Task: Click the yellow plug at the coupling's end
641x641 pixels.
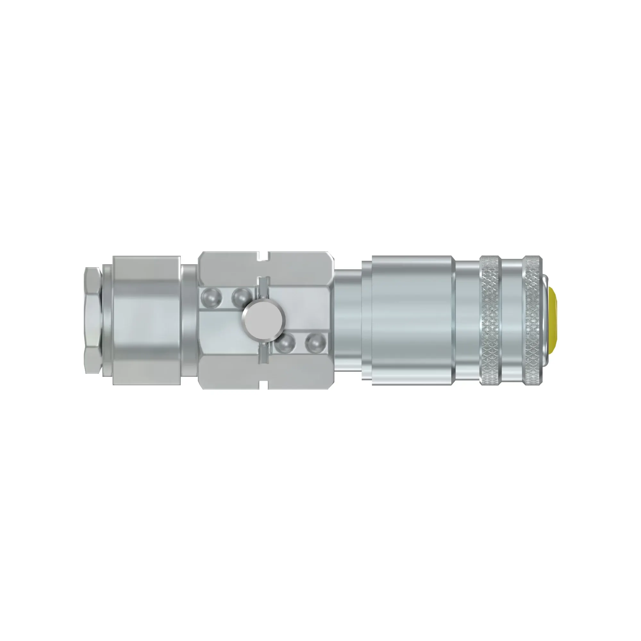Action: (551, 320)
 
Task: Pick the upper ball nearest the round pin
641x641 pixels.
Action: (241, 297)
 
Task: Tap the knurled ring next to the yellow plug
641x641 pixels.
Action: (532, 320)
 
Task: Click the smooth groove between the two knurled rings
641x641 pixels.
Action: (511, 320)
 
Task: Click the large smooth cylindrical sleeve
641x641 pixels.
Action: (412, 320)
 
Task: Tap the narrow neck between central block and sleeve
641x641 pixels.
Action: (348, 320)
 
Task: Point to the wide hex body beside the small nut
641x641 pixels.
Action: (147, 320)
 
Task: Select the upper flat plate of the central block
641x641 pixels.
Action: (232, 269)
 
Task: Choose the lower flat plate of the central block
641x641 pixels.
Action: (232, 373)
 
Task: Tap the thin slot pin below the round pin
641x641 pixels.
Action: (263, 353)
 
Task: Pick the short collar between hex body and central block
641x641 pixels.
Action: (189, 320)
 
